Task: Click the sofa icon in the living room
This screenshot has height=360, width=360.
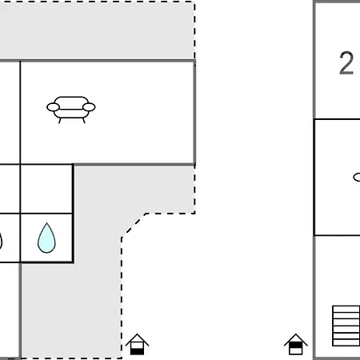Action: coord(71,110)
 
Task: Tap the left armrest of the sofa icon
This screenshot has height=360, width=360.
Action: coord(53,107)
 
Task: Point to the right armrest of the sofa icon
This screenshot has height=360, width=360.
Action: coord(89,107)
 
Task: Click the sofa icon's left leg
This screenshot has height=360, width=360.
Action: coord(60,121)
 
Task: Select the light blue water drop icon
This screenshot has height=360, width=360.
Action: coord(46,238)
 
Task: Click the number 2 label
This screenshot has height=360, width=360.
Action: coord(346,63)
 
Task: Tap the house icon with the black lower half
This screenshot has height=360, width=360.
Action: coord(137,344)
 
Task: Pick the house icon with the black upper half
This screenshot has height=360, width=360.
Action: coord(296,344)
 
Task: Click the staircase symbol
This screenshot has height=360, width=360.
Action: coord(346,326)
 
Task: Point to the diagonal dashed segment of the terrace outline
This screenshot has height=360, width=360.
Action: coord(134,225)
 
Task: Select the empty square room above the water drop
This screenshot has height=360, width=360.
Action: coord(46,189)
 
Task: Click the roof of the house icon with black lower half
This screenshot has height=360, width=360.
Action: coord(137,339)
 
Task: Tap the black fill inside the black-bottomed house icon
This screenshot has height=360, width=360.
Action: coord(137,351)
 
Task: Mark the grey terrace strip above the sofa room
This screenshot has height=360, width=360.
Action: coord(98,31)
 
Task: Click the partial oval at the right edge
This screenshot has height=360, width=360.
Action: coord(357,178)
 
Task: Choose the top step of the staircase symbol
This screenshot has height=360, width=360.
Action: coord(346,309)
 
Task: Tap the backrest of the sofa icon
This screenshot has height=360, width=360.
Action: coord(71,102)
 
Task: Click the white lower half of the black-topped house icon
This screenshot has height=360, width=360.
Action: coord(296,351)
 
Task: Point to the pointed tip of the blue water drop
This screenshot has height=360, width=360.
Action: coord(47,223)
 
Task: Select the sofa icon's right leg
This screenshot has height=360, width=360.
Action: coord(84,121)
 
